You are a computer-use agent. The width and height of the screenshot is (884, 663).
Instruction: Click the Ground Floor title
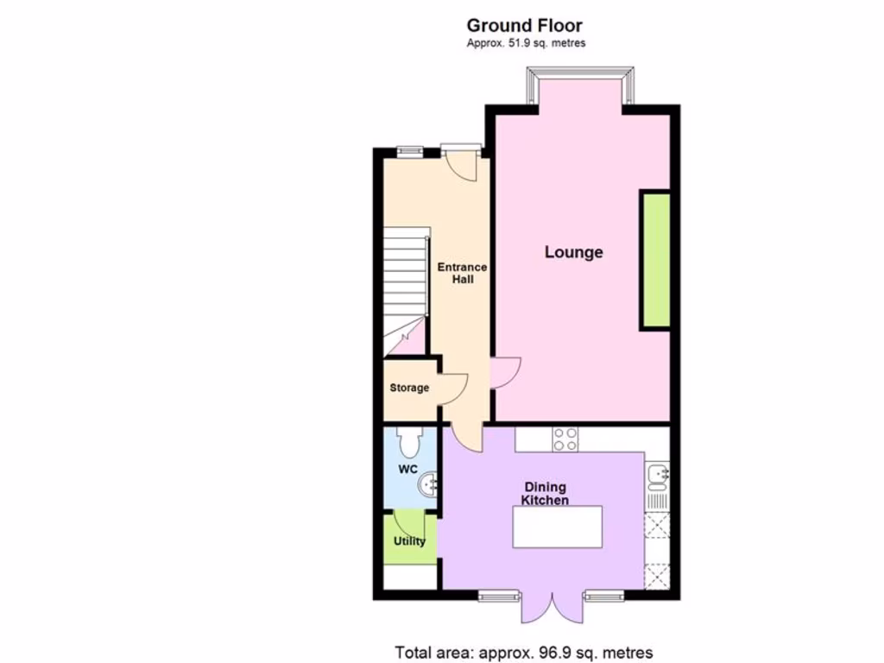coord(524,26)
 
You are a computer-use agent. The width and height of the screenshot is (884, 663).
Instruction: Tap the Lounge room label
coord(573,252)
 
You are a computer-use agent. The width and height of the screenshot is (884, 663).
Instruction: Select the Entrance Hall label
coord(463,273)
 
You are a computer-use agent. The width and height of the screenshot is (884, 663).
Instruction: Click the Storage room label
coord(409,388)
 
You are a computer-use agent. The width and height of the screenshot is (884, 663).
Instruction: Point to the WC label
coord(408,470)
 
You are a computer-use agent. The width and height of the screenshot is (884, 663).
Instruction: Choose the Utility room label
coord(409,541)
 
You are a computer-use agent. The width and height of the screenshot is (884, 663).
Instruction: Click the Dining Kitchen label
coord(546,493)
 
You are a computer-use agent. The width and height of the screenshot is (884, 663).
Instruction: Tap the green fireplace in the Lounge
coord(655,260)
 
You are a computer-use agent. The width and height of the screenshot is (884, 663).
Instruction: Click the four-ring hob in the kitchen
coord(565,439)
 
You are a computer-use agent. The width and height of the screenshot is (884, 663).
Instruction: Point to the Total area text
coord(524,652)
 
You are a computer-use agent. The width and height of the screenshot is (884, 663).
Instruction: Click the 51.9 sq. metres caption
coord(526,43)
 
